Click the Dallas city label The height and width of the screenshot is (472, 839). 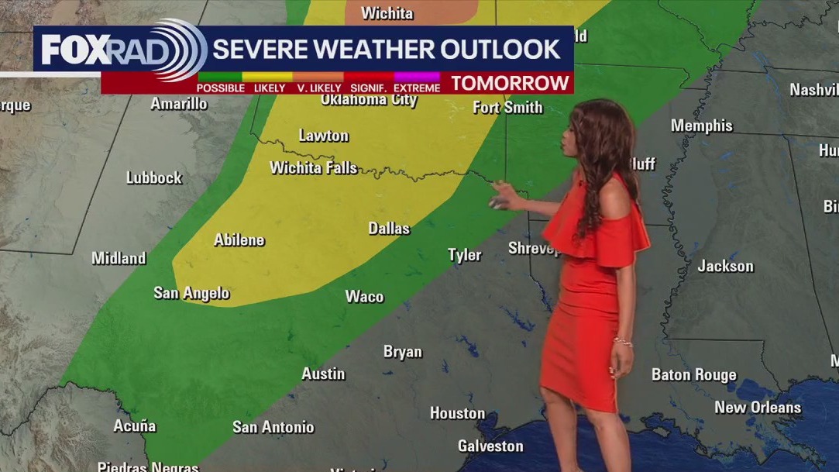[x=389, y=229]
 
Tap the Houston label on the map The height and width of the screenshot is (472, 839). [x=457, y=413]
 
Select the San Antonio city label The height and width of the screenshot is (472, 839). [x=273, y=427]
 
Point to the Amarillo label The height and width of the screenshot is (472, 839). [x=179, y=104]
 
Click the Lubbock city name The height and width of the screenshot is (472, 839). [x=154, y=177]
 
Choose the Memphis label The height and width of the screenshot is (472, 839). [x=701, y=126]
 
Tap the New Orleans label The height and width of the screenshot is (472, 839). [x=757, y=407]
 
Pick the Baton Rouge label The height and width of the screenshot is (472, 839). [x=693, y=375]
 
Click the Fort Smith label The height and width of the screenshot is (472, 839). [x=507, y=107]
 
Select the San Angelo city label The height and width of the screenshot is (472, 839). [x=191, y=293]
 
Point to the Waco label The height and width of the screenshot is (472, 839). [x=364, y=297]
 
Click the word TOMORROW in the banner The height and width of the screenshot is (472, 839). [x=510, y=83]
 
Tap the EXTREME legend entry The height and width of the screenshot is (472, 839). [x=417, y=88]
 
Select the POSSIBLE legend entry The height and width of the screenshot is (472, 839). [x=221, y=88]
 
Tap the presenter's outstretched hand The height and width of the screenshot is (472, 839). [x=500, y=197]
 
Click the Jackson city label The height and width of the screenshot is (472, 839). [x=725, y=266]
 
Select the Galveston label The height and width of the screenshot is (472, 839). [x=490, y=446]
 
